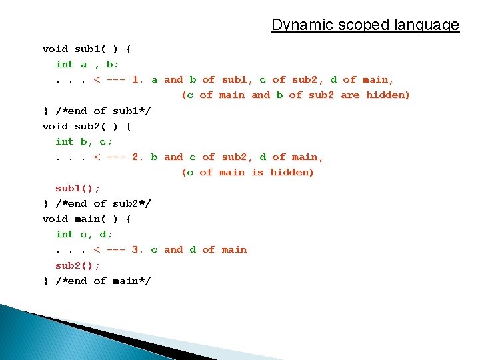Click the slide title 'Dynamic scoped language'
(365, 25)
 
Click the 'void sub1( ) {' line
(87, 49)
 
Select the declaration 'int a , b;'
(87, 64)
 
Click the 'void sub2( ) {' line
(87, 126)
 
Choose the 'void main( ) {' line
(87, 219)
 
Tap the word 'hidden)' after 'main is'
(291, 173)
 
